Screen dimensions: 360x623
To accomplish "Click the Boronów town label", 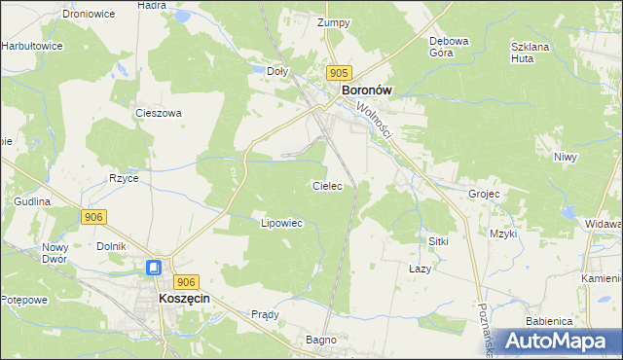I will click(366, 90).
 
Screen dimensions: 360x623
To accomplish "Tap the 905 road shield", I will click(338, 73).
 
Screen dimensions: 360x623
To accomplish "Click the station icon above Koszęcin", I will click(155, 268).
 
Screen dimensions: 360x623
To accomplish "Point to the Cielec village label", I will click(326, 185).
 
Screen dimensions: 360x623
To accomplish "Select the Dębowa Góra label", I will click(450, 47).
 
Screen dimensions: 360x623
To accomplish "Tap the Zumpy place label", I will click(333, 22).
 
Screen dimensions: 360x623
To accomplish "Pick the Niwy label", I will click(565, 157).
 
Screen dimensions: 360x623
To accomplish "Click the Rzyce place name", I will click(124, 178).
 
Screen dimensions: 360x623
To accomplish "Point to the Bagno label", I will click(321, 340).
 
